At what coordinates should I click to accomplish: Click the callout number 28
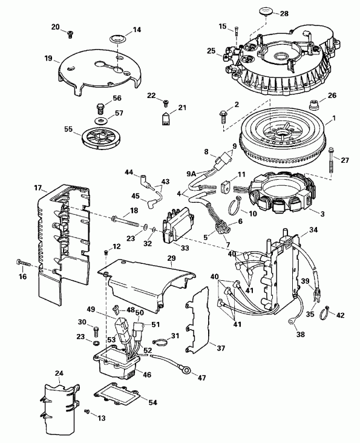tap(284, 13)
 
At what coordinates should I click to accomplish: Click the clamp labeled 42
tap(325, 312)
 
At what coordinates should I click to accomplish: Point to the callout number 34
tap(313, 229)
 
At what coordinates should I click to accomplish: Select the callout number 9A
tap(191, 174)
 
